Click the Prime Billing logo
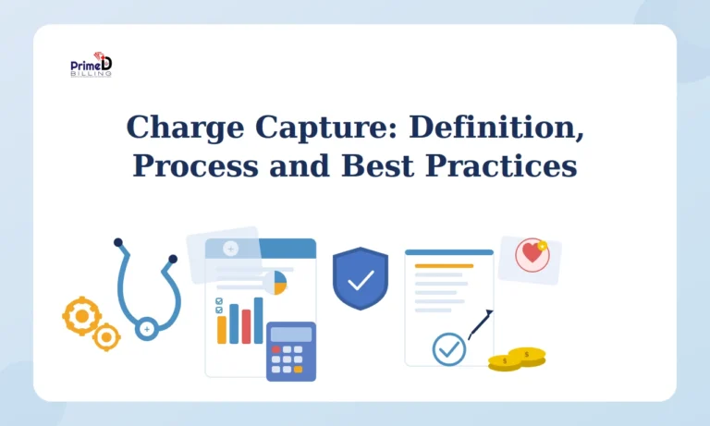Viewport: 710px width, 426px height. tap(91, 66)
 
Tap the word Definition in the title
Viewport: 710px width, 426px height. tap(496, 127)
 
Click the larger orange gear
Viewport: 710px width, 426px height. tap(81, 316)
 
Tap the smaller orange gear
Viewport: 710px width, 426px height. tap(106, 337)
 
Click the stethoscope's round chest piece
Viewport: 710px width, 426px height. tap(146, 328)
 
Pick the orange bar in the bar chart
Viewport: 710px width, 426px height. tap(222, 329)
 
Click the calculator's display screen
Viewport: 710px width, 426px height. tap(290, 334)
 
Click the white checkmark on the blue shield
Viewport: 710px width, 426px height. tap(360, 278)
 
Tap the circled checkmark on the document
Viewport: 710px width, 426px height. tap(449, 349)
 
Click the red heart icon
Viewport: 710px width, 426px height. tap(531, 253)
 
